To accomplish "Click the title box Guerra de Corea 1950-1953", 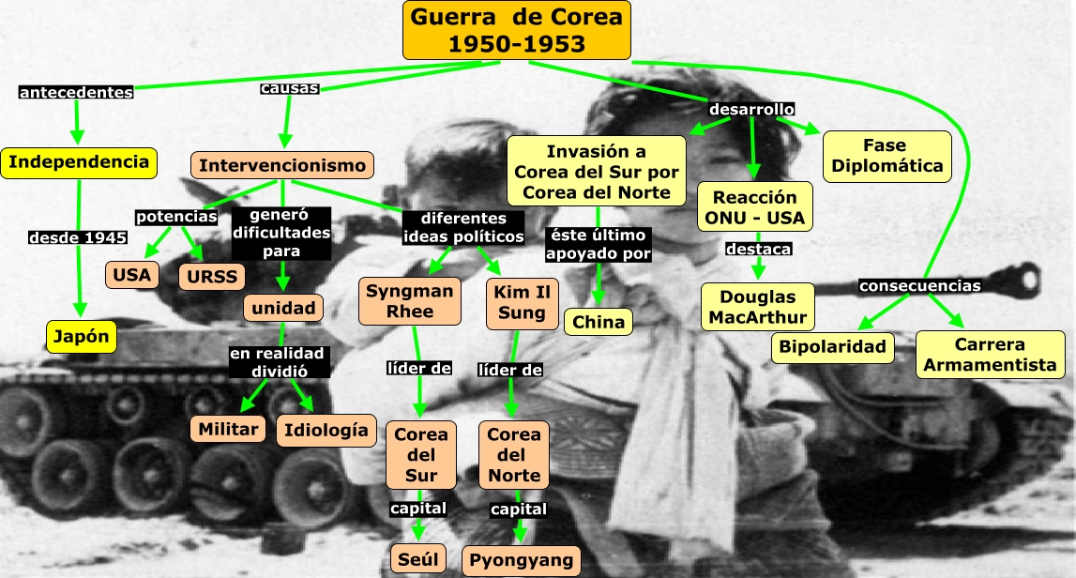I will (x=516, y=30).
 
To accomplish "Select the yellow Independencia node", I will (x=79, y=162).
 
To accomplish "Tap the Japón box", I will (x=81, y=336).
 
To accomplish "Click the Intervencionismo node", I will (x=283, y=165).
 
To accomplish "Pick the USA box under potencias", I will (x=131, y=275).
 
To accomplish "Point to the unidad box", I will (x=283, y=307).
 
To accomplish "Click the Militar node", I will (x=228, y=429).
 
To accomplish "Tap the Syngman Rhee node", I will (x=409, y=300).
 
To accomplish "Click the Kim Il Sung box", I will (x=522, y=301).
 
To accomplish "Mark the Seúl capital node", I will (x=417, y=559).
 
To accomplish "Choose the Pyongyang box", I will (x=522, y=560).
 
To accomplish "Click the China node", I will (x=599, y=323).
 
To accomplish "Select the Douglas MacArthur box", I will (x=758, y=306).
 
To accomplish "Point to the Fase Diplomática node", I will (x=887, y=156).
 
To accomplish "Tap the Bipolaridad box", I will (x=832, y=346).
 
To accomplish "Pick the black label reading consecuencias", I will (x=920, y=285).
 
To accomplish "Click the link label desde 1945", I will (x=77, y=237).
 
